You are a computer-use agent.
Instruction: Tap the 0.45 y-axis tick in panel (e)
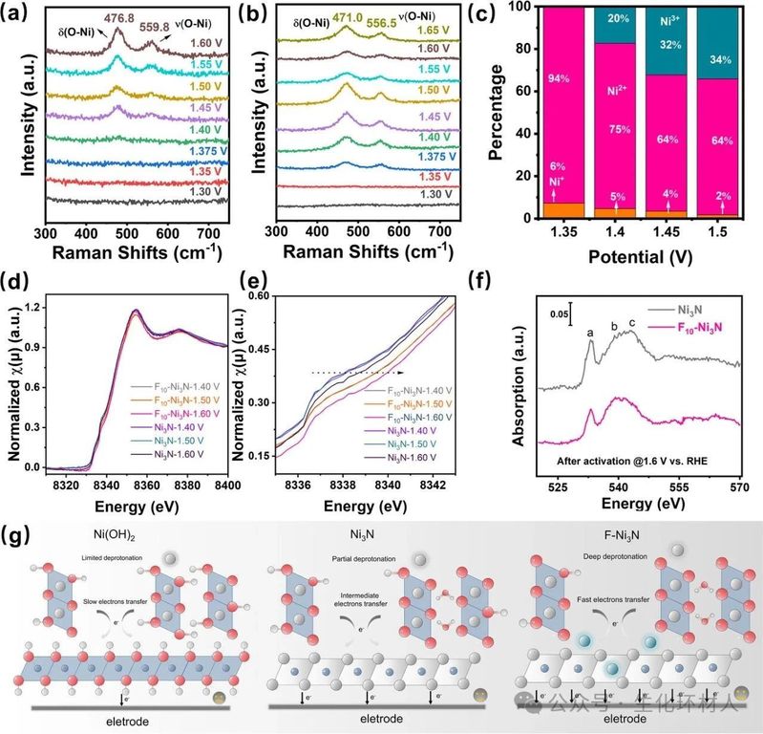pyautogui.click(x=257, y=349)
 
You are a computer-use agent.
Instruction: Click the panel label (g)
pyautogui.click(x=21, y=529)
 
